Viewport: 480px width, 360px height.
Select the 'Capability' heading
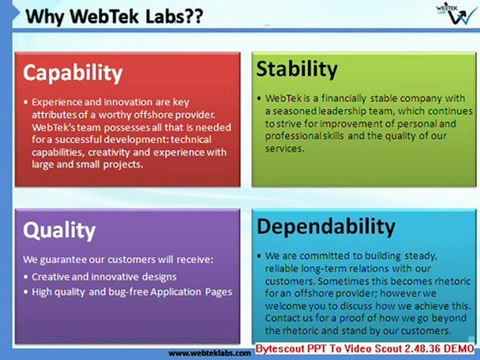click(73, 72)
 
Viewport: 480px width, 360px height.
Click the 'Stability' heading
click(297, 68)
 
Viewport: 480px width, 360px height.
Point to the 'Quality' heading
click(59, 230)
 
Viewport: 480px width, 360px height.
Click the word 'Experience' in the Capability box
click(57, 102)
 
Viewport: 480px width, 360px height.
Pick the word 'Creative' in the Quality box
click(51, 276)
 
